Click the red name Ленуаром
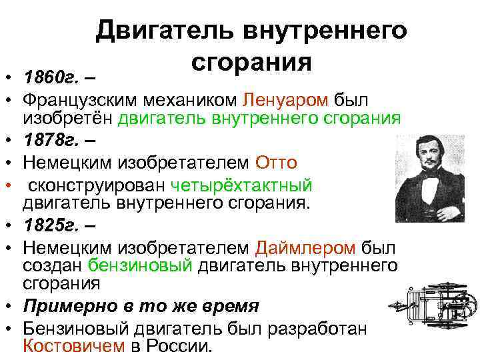tap(286, 100)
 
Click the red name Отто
tap(277, 162)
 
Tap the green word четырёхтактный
tap(241, 184)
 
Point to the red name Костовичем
tap(73, 347)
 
